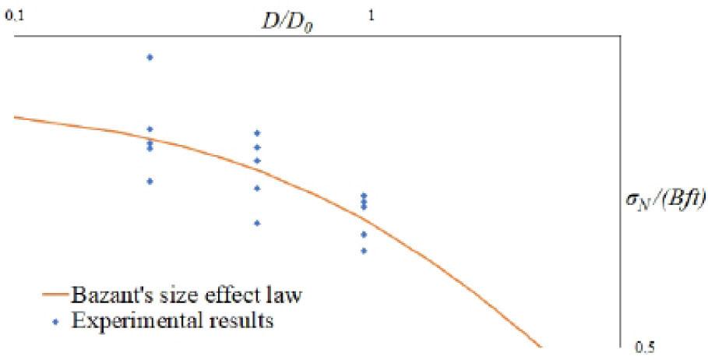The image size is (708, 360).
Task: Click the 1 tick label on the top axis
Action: pyautogui.click(x=372, y=16)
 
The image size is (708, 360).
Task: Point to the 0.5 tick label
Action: pyautogui.click(x=644, y=348)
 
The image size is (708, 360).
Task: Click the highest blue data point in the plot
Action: pyautogui.click(x=150, y=57)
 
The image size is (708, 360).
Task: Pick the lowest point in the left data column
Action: pyautogui.click(x=150, y=182)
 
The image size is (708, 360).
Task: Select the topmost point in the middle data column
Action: pyautogui.click(x=257, y=133)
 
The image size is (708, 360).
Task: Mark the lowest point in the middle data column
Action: pyautogui.click(x=257, y=223)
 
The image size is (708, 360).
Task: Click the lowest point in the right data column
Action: pyautogui.click(x=364, y=251)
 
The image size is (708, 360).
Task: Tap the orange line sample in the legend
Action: pyautogui.click(x=55, y=295)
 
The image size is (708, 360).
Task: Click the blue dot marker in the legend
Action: pyautogui.click(x=55, y=323)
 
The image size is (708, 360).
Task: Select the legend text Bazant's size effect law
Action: pyautogui.click(x=186, y=295)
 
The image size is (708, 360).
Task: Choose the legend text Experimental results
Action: pyautogui.click(x=172, y=321)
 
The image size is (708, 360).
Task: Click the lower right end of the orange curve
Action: pyautogui.click(x=540, y=347)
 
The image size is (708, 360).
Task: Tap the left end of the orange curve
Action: pyautogui.click(x=15, y=118)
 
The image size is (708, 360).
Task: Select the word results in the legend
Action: pyautogui.click(x=239, y=321)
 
